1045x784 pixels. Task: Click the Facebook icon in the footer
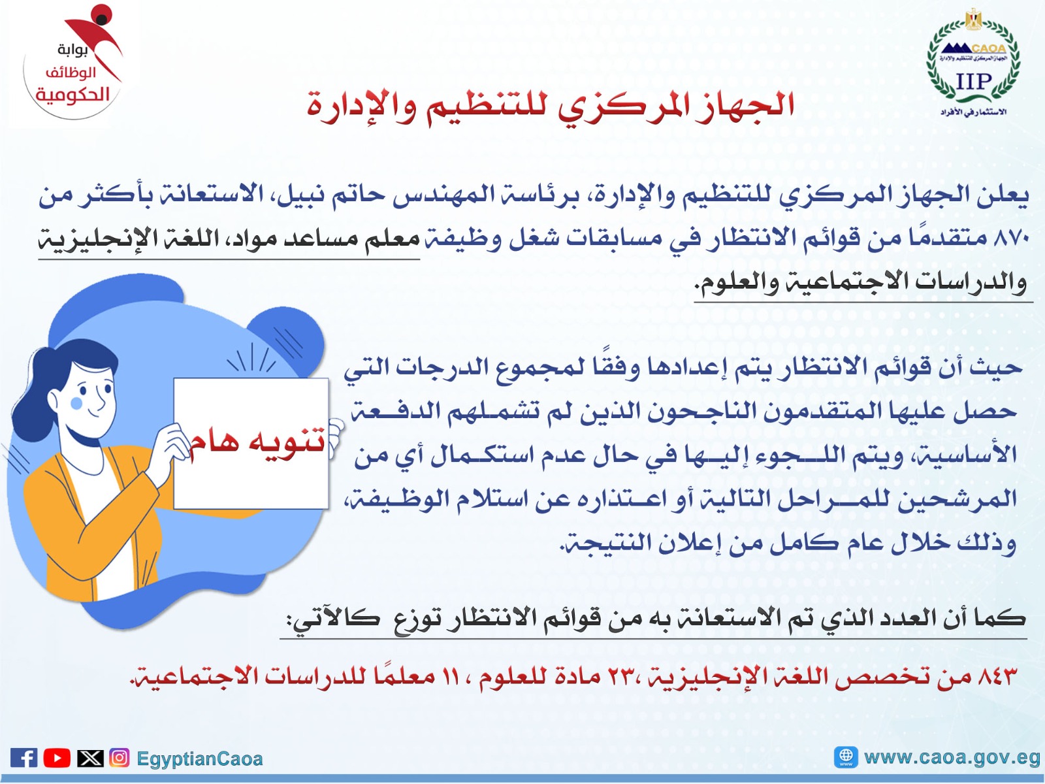coord(24,758)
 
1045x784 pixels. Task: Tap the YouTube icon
coord(57,758)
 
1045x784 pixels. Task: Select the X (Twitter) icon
coord(90,758)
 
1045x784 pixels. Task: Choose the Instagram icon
coord(119,758)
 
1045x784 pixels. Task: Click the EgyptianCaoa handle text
coord(199,759)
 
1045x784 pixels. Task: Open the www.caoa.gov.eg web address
coord(952,757)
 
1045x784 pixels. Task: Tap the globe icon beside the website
coord(846,757)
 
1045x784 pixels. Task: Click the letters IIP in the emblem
coord(973,82)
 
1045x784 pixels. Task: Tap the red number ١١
coord(451,676)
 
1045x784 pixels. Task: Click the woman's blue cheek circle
coord(76,403)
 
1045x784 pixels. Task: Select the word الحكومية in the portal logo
coord(72,95)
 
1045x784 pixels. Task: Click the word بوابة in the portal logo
coord(73,50)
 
